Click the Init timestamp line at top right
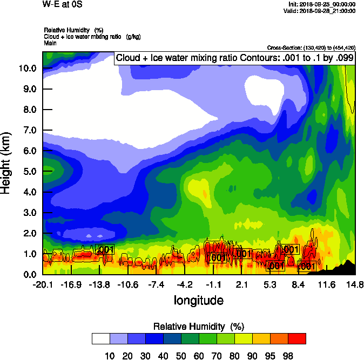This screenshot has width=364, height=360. [322, 4]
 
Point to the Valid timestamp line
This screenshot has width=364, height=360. [321, 11]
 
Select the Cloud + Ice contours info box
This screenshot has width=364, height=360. [234, 58]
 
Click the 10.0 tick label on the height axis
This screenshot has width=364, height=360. [27, 68]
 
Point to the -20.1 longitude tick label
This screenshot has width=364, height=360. [43, 284]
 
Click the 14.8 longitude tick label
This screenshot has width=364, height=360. [355, 284]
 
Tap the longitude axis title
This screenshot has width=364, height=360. [198, 300]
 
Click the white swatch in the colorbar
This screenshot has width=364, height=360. [101, 338]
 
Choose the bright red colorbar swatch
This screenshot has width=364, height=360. [296, 338]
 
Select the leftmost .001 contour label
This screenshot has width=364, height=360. [104, 249]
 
